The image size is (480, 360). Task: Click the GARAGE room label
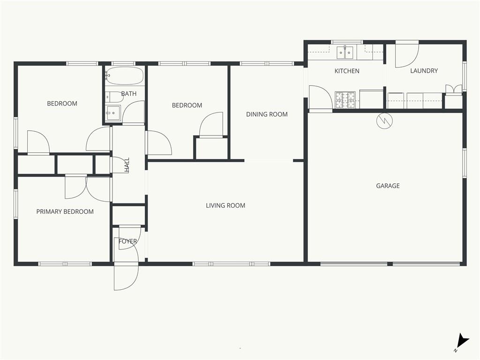[388, 186]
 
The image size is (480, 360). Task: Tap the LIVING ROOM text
[225, 205]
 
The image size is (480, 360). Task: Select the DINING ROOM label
[267, 114]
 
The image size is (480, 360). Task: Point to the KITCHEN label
[347, 71]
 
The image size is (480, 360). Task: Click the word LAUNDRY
[424, 71]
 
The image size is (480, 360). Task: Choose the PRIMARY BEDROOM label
[65, 211]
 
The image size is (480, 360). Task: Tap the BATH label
[128, 94]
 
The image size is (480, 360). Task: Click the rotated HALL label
[127, 165]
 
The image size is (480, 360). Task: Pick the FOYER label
[127, 241]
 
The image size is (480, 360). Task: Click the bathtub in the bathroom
[124, 75]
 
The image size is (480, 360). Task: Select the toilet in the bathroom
[114, 97]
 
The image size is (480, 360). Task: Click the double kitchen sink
[345, 52]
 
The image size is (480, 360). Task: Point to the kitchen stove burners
[345, 100]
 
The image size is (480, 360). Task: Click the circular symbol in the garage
[384, 120]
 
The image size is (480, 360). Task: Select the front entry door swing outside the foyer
[126, 277]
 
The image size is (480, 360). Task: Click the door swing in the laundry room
[407, 55]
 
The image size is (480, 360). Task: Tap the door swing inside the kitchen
[320, 97]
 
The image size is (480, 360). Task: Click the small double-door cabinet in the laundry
[453, 89]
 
